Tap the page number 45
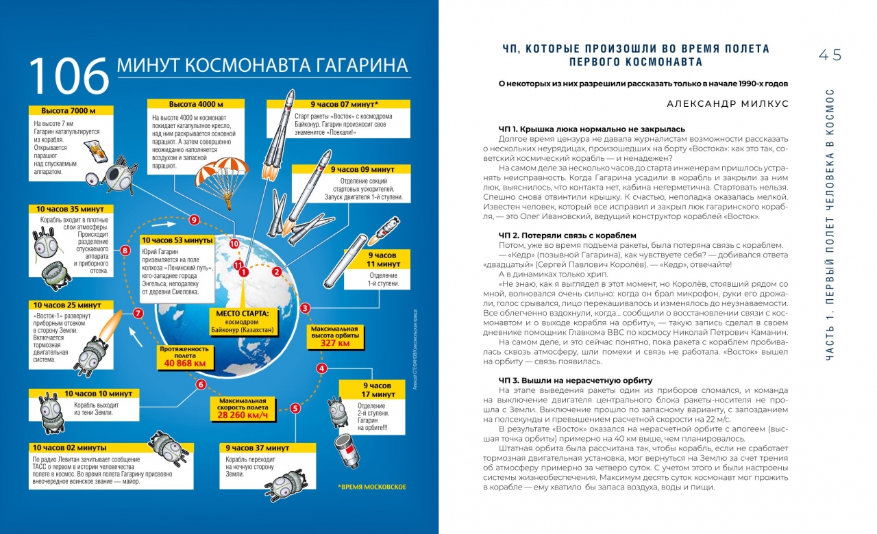pyautogui.click(x=829, y=55)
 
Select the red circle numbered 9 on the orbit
pyautogui.click(x=195, y=220)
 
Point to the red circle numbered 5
pyautogui.click(x=295, y=409)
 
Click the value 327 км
pyautogui.click(x=335, y=343)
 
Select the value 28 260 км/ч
pyautogui.click(x=243, y=416)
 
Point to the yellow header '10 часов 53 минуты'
pyautogui.click(x=176, y=240)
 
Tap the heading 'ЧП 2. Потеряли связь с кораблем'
pyautogui.click(x=568, y=235)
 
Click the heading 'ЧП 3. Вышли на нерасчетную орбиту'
pyautogui.click(x=576, y=380)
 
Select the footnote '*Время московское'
pyautogui.click(x=372, y=487)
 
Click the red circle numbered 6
pyautogui.click(x=201, y=384)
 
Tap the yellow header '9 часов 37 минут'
pyautogui.click(x=269, y=447)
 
